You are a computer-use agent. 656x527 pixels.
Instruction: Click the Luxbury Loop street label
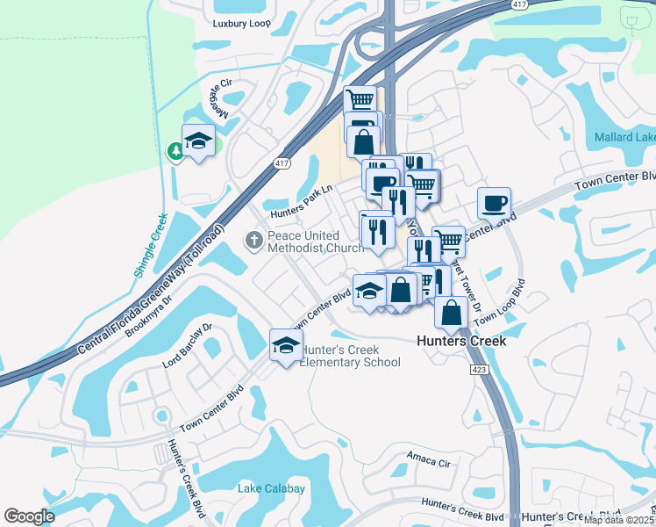tap(242, 24)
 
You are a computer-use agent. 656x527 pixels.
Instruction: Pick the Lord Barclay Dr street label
tap(188, 344)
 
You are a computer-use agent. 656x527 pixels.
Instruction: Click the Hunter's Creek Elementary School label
tap(350, 356)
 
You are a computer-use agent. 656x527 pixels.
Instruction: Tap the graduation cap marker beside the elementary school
tap(286, 346)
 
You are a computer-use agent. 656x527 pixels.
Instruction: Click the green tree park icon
tap(175, 151)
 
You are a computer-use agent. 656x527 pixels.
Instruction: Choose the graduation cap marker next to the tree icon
tap(198, 141)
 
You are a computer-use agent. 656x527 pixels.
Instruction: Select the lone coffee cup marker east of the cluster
tap(495, 204)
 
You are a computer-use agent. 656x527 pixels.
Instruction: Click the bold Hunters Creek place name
tap(460, 340)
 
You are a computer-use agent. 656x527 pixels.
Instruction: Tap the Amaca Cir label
tap(428, 458)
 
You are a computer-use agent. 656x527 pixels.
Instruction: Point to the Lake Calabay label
tap(271, 488)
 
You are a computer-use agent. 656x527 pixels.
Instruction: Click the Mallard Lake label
tap(624, 137)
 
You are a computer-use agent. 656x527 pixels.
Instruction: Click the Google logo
tap(29, 516)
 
